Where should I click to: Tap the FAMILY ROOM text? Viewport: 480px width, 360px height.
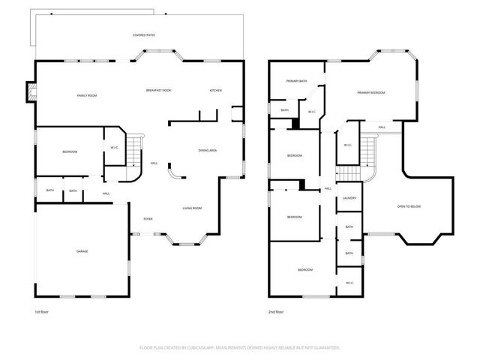pyautogui.click(x=87, y=96)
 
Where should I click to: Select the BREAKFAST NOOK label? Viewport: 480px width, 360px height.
pyautogui.click(x=158, y=91)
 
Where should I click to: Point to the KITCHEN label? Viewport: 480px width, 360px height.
pyautogui.click(x=215, y=91)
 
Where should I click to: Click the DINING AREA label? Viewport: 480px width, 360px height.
pyautogui.click(x=208, y=151)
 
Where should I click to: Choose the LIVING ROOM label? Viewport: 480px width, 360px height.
pyautogui.click(x=193, y=208)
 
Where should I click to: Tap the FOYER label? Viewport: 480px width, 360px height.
pyautogui.click(x=148, y=219)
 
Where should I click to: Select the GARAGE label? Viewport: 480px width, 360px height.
pyautogui.click(x=82, y=251)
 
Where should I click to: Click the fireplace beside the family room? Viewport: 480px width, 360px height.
pyautogui.click(x=31, y=91)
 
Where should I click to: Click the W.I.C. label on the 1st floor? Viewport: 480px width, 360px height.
pyautogui.click(x=114, y=147)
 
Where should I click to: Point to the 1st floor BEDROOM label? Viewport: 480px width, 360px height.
pyautogui.click(x=70, y=152)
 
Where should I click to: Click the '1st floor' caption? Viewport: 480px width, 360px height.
pyautogui.click(x=42, y=312)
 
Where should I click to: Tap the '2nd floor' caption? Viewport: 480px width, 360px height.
pyautogui.click(x=276, y=312)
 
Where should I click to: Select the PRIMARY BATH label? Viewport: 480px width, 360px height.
pyautogui.click(x=296, y=80)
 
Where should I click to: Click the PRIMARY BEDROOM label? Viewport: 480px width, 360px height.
pyautogui.click(x=370, y=92)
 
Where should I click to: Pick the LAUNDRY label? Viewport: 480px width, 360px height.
pyautogui.click(x=349, y=198)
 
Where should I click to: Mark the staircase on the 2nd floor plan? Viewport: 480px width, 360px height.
pyautogui.click(x=369, y=151)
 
